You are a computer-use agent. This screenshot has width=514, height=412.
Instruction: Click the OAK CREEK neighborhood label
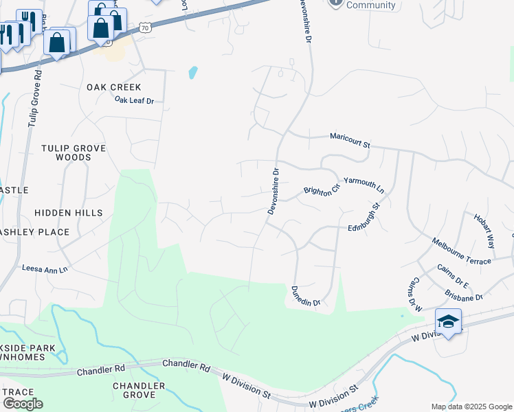tap(114, 87)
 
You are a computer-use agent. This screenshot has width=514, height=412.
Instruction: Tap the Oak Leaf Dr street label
tap(134, 100)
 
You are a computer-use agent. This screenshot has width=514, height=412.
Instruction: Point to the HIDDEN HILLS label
tap(69, 213)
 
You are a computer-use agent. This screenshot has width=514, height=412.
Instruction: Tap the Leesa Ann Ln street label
tap(45, 269)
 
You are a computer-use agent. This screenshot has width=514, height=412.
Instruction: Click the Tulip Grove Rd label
tap(34, 97)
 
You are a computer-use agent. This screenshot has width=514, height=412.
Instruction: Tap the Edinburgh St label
tap(364, 217)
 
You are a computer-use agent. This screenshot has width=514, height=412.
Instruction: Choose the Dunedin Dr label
tap(306, 297)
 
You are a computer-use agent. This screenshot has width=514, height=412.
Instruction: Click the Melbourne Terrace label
tap(461, 251)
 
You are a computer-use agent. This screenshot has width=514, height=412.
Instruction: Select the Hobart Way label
tap(484, 230)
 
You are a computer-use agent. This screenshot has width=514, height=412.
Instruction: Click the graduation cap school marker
tap(448, 321)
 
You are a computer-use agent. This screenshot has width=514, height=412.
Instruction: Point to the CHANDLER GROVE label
tap(139, 390)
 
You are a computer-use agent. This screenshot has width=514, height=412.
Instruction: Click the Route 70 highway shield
tap(144, 27)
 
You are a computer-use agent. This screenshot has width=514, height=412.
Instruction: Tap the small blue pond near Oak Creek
tap(193, 71)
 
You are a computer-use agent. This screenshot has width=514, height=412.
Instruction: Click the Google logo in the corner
tap(23, 404)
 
